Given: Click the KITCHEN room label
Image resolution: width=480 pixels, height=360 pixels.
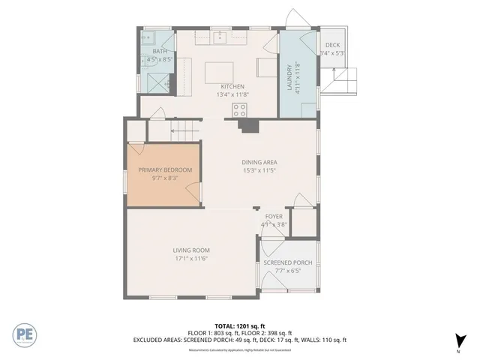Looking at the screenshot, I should [232, 86].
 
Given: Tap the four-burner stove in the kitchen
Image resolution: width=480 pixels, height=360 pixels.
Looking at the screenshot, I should [240, 109].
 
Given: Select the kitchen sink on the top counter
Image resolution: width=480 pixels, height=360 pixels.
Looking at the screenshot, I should [220, 37].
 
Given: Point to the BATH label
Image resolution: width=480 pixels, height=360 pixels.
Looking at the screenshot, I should [160, 51].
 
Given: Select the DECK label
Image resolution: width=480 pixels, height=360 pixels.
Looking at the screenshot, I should [331, 45].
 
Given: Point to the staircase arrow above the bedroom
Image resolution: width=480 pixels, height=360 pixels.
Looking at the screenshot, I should [181, 131].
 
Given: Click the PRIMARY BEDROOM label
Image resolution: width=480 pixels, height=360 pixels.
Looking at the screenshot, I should [165, 170].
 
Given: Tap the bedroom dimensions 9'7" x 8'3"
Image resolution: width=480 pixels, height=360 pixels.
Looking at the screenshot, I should [165, 178].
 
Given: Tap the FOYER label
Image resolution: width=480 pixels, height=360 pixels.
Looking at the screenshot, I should [274, 216].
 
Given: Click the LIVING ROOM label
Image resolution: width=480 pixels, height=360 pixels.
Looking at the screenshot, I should [191, 250].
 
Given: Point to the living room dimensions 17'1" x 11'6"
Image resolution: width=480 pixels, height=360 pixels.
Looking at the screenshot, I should [191, 259].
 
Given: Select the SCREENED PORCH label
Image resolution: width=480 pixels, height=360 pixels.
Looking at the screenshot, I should [288, 262].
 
